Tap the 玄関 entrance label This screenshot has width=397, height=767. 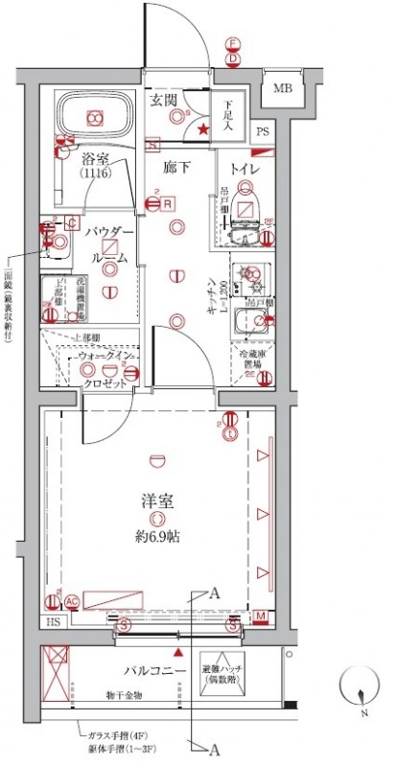[163, 99]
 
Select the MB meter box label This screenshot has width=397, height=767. [282, 90]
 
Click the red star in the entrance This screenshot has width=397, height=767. [202, 128]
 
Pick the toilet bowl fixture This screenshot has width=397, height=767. [246, 205]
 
